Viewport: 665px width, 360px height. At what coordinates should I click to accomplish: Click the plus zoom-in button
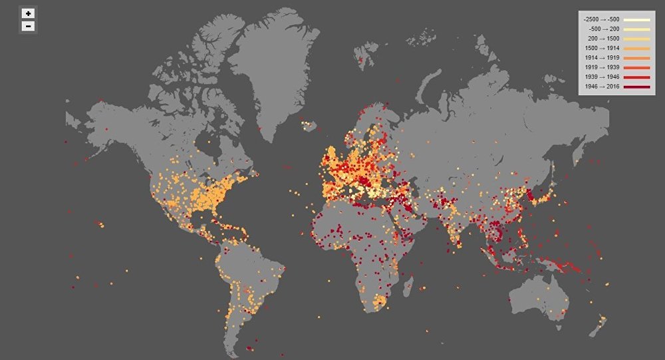(x=29, y=13)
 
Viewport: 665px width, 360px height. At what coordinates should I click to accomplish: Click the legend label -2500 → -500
(x=601, y=19)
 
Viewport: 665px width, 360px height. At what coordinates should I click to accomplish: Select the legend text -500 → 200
(x=604, y=29)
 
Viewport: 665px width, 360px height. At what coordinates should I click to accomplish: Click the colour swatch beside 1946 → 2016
(x=636, y=87)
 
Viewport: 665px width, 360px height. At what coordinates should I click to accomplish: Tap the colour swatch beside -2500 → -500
(x=636, y=19)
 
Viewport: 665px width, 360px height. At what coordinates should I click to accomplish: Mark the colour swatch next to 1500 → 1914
(x=636, y=49)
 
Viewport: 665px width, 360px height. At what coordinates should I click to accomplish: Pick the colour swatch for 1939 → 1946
(x=636, y=77)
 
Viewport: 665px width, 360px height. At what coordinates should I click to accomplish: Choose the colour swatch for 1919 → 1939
(x=636, y=68)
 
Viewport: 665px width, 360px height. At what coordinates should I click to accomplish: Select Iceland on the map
(x=308, y=125)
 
